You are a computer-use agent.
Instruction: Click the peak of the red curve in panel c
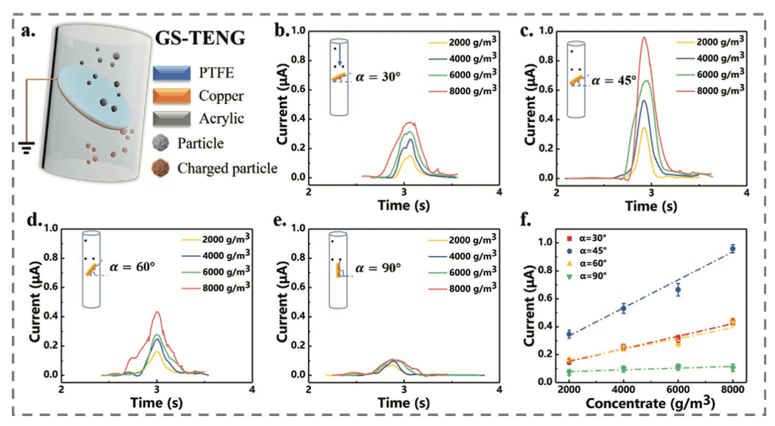(x=644, y=37)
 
